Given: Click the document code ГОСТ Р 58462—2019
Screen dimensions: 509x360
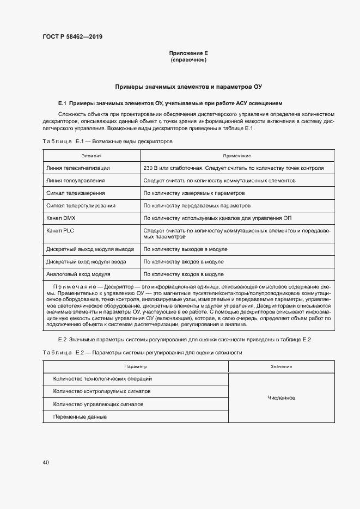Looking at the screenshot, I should (72, 37).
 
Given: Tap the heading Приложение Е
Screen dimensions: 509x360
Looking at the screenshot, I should (188, 53).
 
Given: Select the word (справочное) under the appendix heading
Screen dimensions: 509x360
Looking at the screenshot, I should (188, 60).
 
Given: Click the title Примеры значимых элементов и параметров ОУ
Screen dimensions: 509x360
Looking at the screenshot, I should (188, 87).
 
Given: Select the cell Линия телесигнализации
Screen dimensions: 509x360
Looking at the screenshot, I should (78, 168).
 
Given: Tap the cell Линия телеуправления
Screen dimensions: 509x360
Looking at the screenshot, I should (76, 180).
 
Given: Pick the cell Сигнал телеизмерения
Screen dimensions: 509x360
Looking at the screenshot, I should (76, 193).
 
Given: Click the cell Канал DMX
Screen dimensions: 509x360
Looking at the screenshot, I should (62, 218).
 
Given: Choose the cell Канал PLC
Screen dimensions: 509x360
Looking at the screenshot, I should (61, 231).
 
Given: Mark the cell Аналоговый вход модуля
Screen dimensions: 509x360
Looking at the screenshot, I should (78, 274).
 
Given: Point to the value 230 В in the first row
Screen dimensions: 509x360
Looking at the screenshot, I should (150, 168).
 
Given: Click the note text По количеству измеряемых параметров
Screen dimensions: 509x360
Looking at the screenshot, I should (193, 193).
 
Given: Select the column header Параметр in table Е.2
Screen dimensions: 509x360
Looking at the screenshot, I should (135, 366).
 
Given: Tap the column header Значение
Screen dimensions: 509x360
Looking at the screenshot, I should (281, 366).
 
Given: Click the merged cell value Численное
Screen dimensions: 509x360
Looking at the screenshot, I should (281, 397).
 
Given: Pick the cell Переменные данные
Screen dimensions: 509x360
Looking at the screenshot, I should (80, 417).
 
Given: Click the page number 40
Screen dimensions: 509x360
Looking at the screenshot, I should (46, 462).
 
